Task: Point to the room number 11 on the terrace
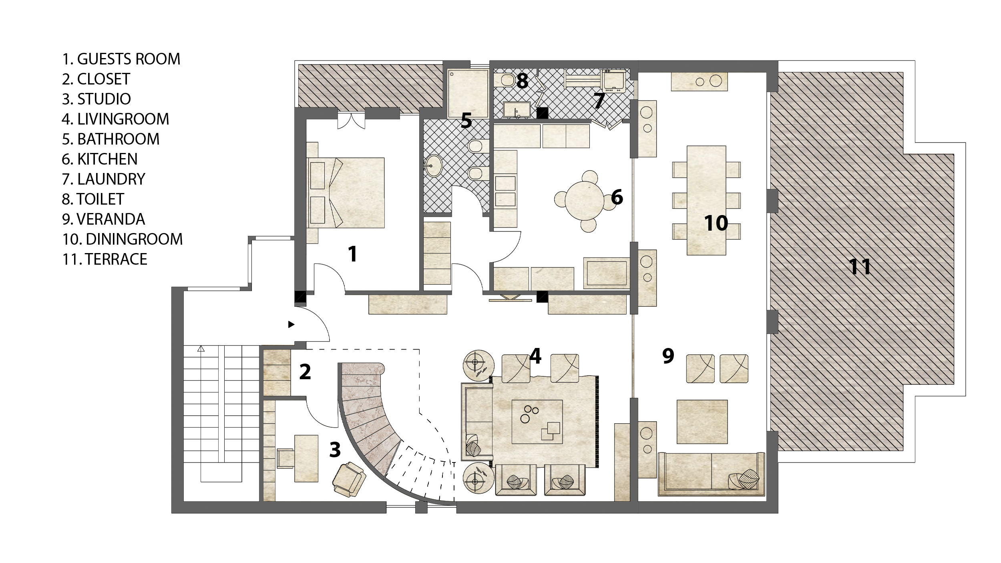860,267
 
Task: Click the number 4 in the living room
535,356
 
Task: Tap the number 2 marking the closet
305,372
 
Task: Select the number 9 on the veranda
668,356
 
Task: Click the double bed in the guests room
346,193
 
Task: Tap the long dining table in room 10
706,200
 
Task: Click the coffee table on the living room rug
538,422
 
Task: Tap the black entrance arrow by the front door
291,324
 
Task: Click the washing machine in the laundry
614,81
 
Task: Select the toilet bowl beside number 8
507,80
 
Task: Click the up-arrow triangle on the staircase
201,349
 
